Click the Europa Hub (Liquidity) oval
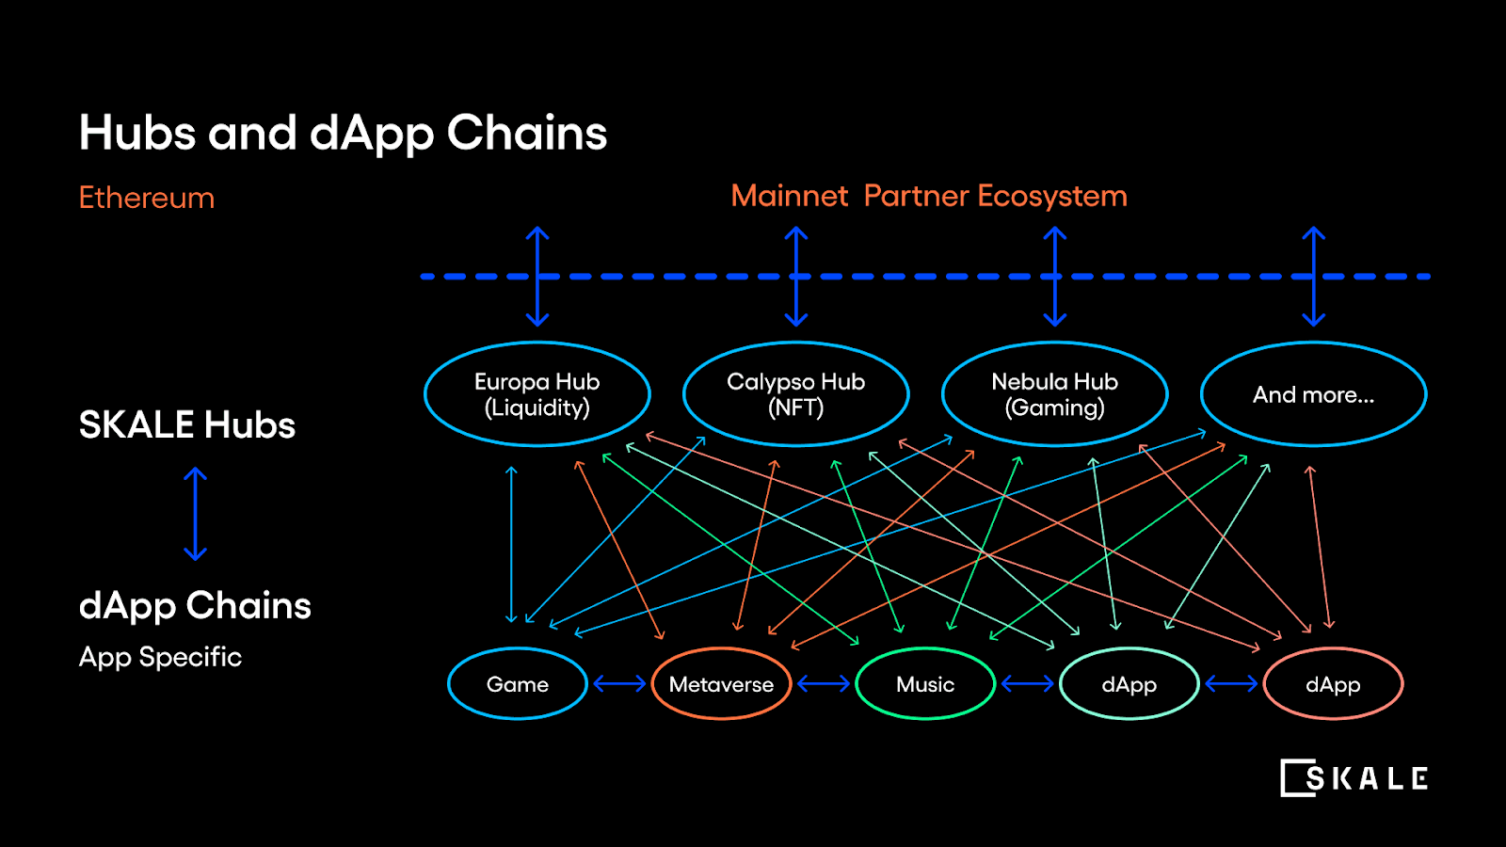(x=537, y=394)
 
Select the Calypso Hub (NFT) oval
(x=796, y=394)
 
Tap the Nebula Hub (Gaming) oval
(x=1055, y=394)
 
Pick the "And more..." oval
(x=1314, y=394)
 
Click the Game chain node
(x=518, y=684)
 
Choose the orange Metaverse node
(x=722, y=684)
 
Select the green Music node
(x=925, y=684)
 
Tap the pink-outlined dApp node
(x=1333, y=684)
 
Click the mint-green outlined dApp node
(x=1129, y=684)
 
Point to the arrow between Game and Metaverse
(x=619, y=684)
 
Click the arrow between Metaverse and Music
(x=824, y=684)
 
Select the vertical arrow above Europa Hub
(x=537, y=276)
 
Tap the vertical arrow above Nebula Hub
(x=1055, y=276)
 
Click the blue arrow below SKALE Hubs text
(x=195, y=514)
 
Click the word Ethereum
(x=147, y=198)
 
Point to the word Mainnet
(x=790, y=196)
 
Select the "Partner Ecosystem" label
(x=996, y=196)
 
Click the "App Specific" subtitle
(x=161, y=657)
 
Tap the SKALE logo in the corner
(x=1354, y=778)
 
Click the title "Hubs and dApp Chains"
(x=344, y=133)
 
